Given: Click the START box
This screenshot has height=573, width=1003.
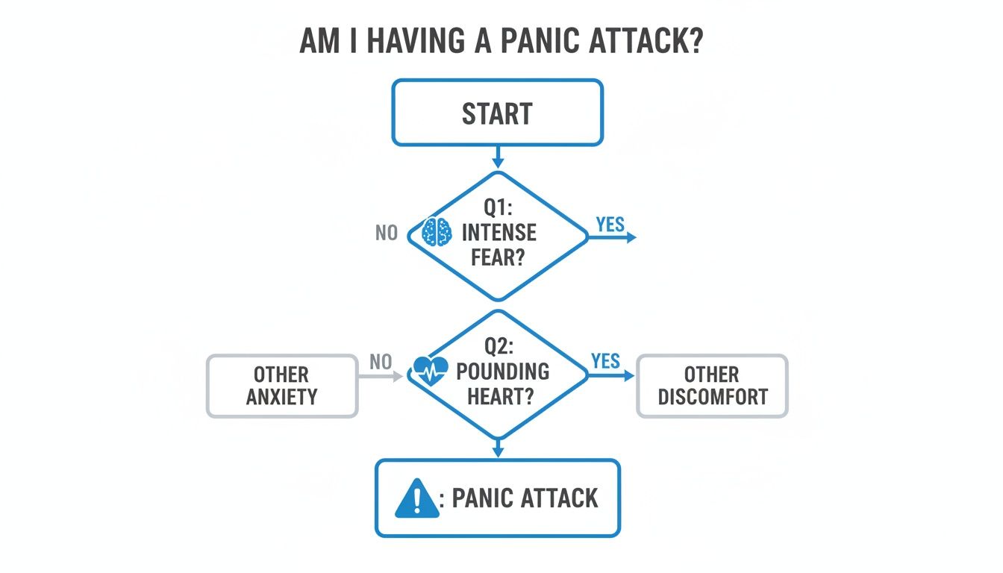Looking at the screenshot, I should click(x=497, y=113).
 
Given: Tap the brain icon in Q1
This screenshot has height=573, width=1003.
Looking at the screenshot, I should click(x=437, y=232).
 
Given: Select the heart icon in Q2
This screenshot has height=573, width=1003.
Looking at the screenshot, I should click(x=431, y=370).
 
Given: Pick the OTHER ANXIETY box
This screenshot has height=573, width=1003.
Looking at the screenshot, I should click(x=281, y=385).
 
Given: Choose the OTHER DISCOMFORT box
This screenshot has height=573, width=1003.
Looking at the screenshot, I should click(x=712, y=385).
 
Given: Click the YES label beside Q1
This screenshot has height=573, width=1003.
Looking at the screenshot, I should click(x=610, y=224).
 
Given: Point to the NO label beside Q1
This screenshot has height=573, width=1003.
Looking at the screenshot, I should click(x=387, y=234).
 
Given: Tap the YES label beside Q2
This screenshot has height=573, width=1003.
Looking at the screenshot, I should click(x=605, y=361).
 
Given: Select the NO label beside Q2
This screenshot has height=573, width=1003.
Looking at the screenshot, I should click(x=381, y=362).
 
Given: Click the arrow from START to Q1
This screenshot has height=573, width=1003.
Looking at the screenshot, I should click(x=498, y=157).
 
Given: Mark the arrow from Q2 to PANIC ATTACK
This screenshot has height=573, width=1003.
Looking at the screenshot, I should click(x=498, y=447).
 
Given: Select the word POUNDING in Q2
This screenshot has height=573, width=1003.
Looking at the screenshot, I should click(x=502, y=371).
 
